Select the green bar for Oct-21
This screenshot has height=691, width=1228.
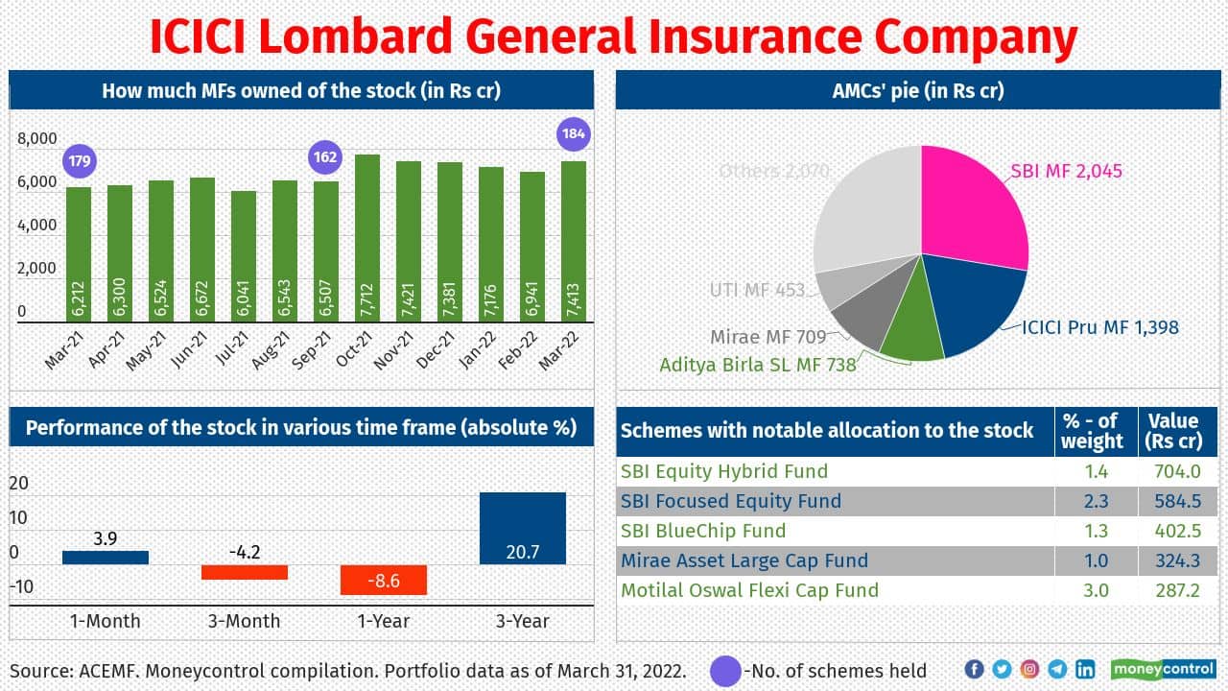(367, 237)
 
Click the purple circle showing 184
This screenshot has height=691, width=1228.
(574, 133)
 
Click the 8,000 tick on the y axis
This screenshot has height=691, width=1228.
(37, 139)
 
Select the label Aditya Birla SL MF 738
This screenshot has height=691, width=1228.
(757, 365)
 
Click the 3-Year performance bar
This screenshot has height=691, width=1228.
(522, 528)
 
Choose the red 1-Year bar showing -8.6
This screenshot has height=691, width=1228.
(383, 580)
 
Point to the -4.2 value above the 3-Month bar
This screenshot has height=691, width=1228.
(244, 552)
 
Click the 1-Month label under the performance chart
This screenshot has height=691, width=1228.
(105, 621)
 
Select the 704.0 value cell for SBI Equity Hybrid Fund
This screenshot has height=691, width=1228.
(1178, 471)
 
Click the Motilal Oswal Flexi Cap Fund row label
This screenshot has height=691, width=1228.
(749, 590)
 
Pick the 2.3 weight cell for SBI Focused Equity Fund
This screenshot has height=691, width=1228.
(1096, 501)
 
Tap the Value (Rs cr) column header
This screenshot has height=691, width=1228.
(1171, 431)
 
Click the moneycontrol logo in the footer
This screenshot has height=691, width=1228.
(1163, 669)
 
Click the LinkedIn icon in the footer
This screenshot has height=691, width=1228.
(1085, 669)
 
